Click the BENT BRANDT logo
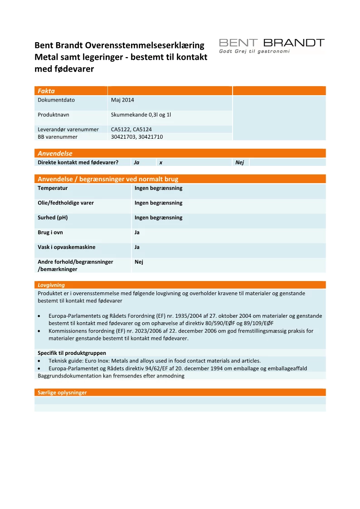pos(272,43)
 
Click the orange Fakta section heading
pos(46,91)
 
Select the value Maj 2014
pos(122,100)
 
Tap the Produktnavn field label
pos(54,115)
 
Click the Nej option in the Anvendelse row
pos(240,162)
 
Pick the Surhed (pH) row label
pos(53,218)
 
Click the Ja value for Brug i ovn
pos(137,233)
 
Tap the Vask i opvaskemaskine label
pos(66,247)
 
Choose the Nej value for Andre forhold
pos(139,262)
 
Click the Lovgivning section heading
pos(51,285)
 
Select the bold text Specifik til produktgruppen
pos(72,353)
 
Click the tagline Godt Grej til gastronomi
pos(254,52)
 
